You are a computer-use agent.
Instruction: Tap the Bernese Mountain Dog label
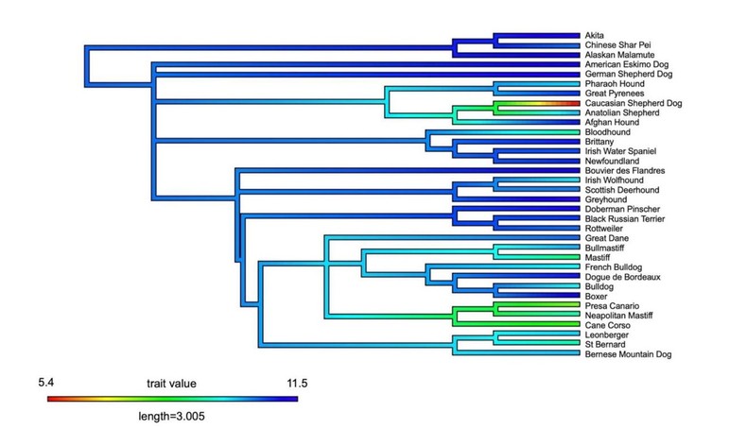[631, 354]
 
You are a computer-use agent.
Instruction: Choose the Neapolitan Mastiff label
[621, 316]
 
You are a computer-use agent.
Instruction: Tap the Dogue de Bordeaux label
[622, 277]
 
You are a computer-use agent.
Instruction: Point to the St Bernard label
[605, 344]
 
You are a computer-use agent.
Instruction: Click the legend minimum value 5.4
[49, 383]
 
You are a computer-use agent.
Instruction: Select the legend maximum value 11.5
[285, 383]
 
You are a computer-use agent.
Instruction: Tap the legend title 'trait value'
[171, 384]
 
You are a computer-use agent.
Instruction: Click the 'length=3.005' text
[171, 413]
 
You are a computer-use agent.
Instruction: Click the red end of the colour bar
[51, 399]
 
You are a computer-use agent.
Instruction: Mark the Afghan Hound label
[613, 123]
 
